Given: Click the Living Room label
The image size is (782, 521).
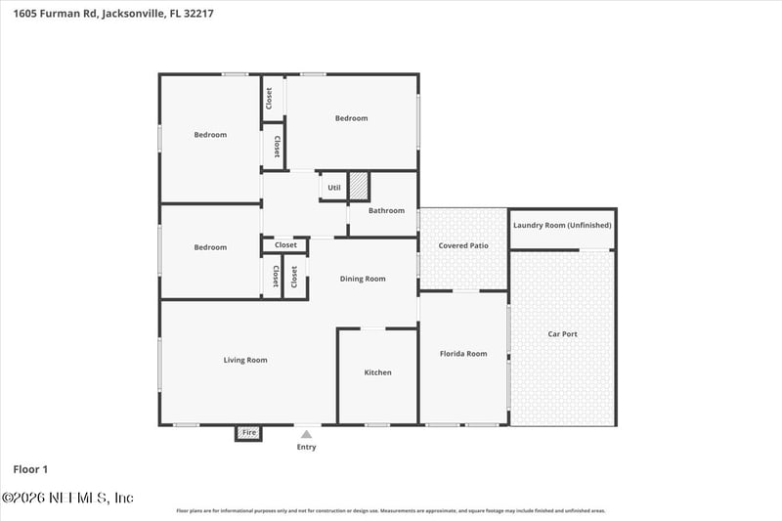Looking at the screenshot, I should [244, 360].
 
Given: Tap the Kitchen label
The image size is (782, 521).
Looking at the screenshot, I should [377, 372].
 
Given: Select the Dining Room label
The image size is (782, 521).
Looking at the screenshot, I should [363, 279].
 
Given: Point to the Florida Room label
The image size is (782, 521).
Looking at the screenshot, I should [463, 354].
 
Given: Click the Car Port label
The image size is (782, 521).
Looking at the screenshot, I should [562, 334].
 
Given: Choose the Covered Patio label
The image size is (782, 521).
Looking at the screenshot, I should [463, 245].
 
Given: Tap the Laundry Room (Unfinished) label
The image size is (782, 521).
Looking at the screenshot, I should [562, 225].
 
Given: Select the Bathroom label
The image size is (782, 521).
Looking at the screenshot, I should [386, 210].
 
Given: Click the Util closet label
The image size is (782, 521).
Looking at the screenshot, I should [334, 188].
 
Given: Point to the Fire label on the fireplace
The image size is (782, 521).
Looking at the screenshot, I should [249, 432].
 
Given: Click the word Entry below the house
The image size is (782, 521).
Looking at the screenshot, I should [306, 447].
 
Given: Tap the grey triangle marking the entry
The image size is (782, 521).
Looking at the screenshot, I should [306, 434].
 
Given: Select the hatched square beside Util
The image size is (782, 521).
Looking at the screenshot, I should [359, 186].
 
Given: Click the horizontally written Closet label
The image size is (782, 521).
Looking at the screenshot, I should [285, 245].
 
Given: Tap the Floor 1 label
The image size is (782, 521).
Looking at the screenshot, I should [30, 469].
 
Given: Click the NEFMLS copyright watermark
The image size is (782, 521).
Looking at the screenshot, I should [67, 498].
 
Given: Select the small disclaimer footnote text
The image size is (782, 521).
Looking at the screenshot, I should [391, 510].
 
